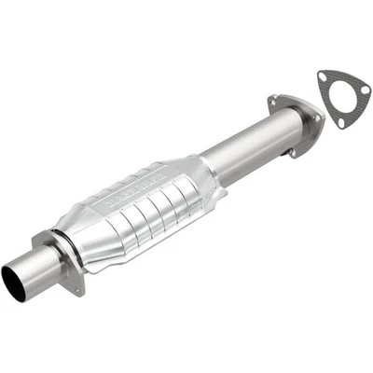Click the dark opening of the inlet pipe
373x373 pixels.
tap(12, 277)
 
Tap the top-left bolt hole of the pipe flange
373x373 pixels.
tap(277, 101)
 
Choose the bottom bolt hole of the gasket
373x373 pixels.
tap(340, 121)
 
